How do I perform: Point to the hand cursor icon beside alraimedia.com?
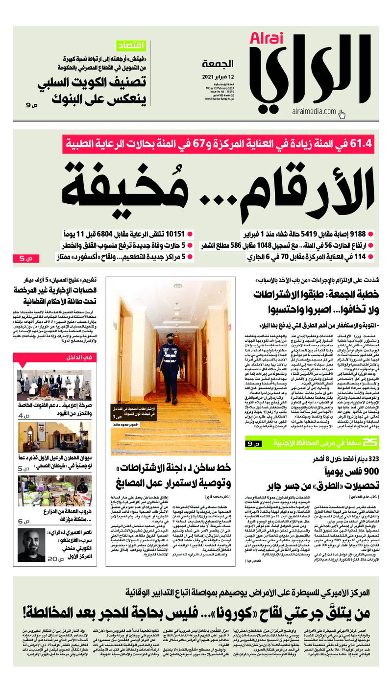click(342, 115)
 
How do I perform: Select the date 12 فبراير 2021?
click(218, 77)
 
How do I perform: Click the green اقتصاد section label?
click(132, 46)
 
